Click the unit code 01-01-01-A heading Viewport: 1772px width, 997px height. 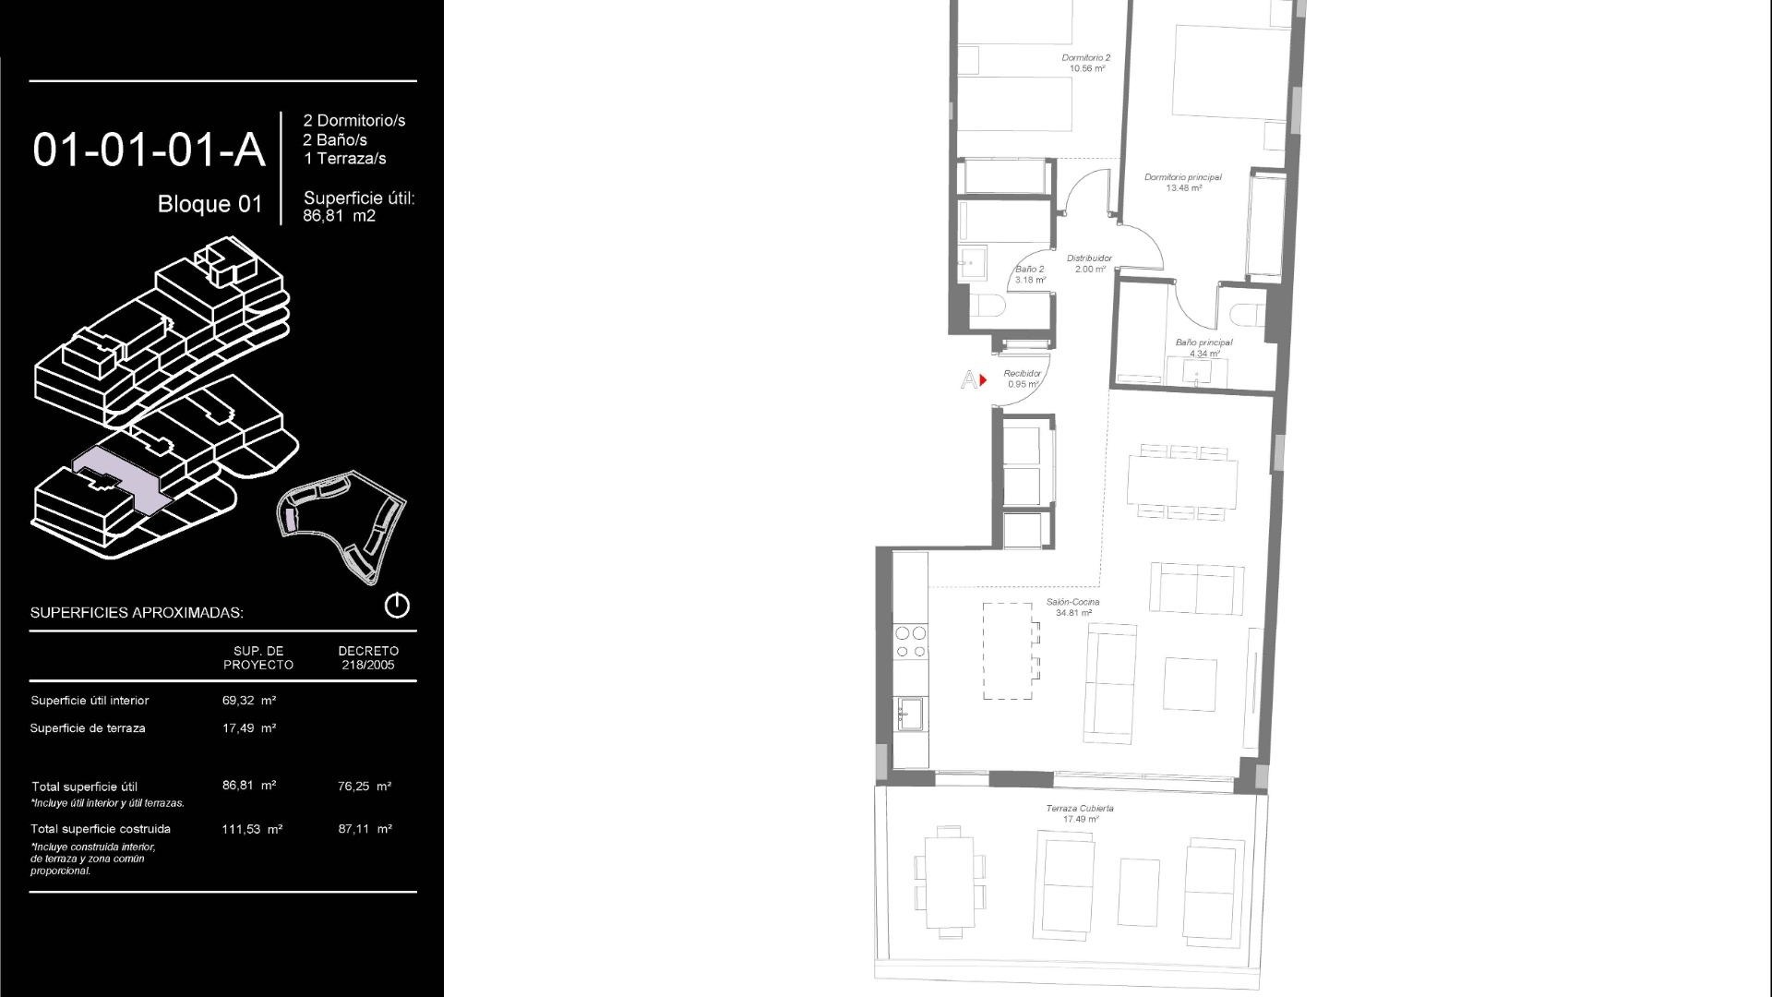click(x=149, y=150)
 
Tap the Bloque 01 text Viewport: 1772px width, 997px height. click(x=210, y=204)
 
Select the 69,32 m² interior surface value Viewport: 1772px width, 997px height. click(x=249, y=701)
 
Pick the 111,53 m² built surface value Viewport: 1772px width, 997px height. click(x=252, y=829)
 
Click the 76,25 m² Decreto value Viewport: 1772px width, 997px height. click(x=365, y=787)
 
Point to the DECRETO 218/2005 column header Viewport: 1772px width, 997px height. click(x=368, y=657)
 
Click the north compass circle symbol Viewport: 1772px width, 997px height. click(x=397, y=606)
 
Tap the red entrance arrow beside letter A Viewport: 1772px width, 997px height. click(x=984, y=379)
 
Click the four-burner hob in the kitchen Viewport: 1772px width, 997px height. click(x=911, y=642)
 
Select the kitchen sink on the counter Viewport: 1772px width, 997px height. click(x=911, y=714)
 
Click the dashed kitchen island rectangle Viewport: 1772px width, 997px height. click(x=1007, y=651)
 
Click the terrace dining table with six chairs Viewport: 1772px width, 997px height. click(x=950, y=882)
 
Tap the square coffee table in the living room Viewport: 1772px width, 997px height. click(x=1190, y=684)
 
